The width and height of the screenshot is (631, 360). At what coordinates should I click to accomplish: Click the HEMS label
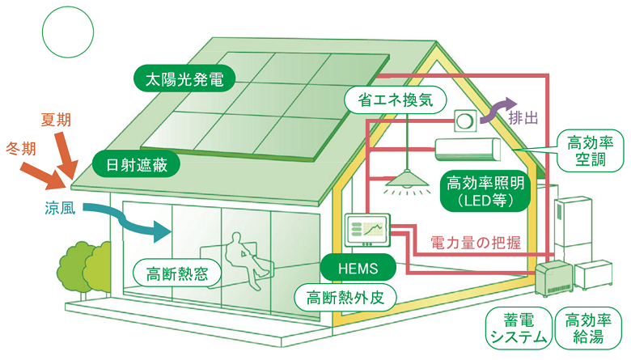tap(357, 267)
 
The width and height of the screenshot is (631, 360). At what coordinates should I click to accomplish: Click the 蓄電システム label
tap(515, 329)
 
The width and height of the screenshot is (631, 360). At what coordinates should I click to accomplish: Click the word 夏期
tap(56, 120)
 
